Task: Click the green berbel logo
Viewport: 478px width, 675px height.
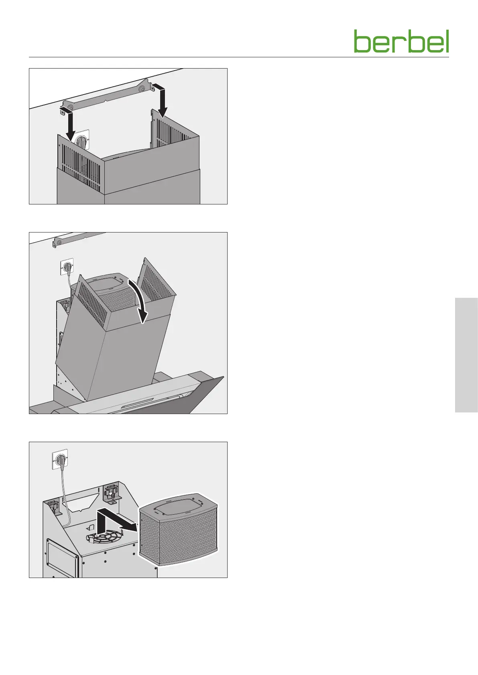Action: point(401,41)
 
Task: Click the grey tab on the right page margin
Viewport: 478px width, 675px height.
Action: point(466,355)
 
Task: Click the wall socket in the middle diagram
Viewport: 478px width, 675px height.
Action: point(67,267)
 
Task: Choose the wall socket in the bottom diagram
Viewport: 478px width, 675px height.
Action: point(60,460)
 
